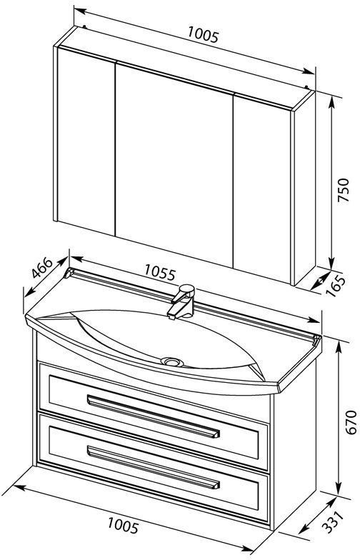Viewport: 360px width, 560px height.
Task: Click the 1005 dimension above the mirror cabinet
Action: [x=203, y=35]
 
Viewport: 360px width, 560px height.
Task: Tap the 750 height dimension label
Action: [x=343, y=190]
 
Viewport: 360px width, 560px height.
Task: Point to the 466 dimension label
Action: [x=42, y=267]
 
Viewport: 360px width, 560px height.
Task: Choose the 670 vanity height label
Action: [x=351, y=421]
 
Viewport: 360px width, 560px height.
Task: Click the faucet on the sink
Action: [x=181, y=301]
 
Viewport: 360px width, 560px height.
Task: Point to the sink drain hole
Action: [x=172, y=361]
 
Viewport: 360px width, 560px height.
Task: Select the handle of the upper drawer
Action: [x=153, y=416]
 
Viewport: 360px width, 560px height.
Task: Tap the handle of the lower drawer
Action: [x=153, y=467]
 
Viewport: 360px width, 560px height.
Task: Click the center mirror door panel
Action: [x=174, y=165]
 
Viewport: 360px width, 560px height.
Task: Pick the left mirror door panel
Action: [x=86, y=141]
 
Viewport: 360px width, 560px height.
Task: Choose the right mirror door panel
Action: [x=261, y=190]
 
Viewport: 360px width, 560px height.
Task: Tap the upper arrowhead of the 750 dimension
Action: [x=331, y=101]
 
